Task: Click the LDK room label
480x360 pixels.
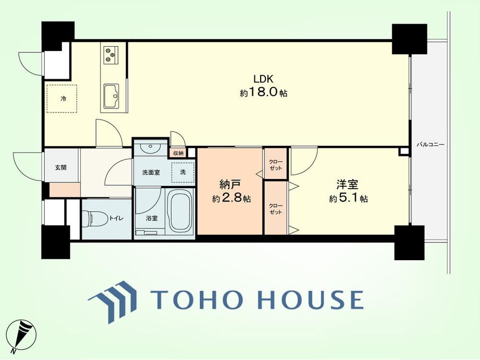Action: click(x=263, y=79)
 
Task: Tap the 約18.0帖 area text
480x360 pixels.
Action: click(x=263, y=92)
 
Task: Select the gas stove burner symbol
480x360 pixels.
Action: click(x=111, y=55)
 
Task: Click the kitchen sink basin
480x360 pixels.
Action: click(x=111, y=96)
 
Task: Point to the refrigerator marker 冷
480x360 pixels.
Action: click(x=63, y=98)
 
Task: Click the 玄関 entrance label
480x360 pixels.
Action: click(x=61, y=168)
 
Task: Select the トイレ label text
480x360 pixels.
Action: click(x=117, y=218)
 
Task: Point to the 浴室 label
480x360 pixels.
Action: click(x=152, y=218)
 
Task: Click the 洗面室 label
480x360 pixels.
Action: click(x=151, y=172)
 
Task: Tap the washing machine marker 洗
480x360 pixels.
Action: click(x=183, y=172)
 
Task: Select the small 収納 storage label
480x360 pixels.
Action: click(x=178, y=153)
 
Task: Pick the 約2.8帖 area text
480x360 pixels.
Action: click(x=231, y=199)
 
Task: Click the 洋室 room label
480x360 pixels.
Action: click(x=348, y=185)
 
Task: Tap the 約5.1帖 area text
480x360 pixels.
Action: click(x=348, y=199)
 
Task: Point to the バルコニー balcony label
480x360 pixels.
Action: click(x=430, y=144)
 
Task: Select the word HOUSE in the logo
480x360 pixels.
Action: click(x=311, y=299)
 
